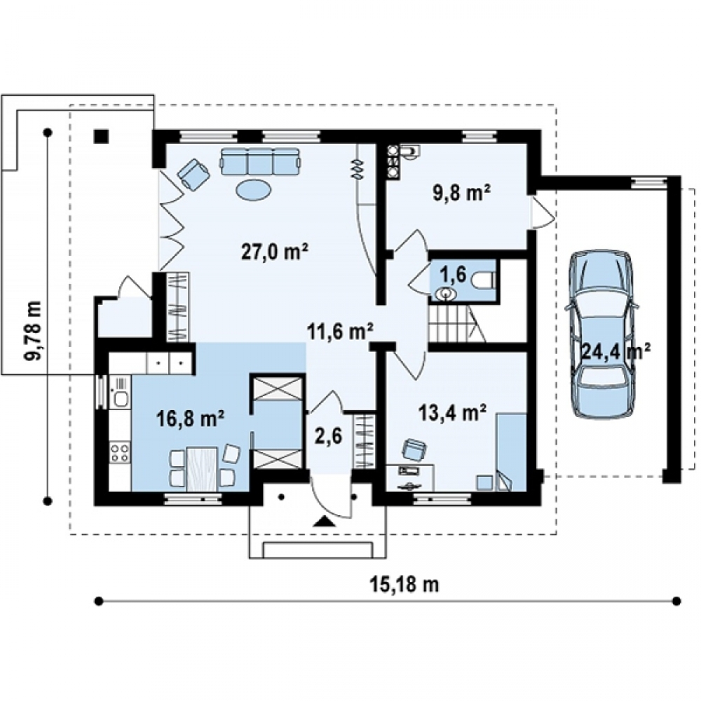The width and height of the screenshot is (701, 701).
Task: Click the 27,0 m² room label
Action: (x=275, y=252)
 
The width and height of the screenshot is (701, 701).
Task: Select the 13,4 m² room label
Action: (x=452, y=413)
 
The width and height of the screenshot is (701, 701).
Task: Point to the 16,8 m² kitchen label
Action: (x=191, y=418)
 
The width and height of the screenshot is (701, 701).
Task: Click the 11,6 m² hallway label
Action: (x=341, y=332)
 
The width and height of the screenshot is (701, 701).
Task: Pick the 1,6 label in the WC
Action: (x=456, y=275)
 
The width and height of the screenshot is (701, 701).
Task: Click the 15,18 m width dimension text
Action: (x=404, y=584)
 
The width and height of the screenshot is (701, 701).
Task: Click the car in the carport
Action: (x=602, y=334)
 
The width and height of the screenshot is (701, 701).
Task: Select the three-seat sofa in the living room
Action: (x=260, y=161)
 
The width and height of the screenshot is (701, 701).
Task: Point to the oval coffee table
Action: (x=254, y=191)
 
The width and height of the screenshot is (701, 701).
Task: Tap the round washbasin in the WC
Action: (x=445, y=294)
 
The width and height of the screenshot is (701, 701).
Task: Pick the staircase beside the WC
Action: (x=456, y=323)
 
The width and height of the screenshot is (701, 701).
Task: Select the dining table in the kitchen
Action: (x=202, y=469)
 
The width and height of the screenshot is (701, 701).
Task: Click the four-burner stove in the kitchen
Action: (x=120, y=451)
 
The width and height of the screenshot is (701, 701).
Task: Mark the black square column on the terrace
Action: (x=101, y=136)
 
